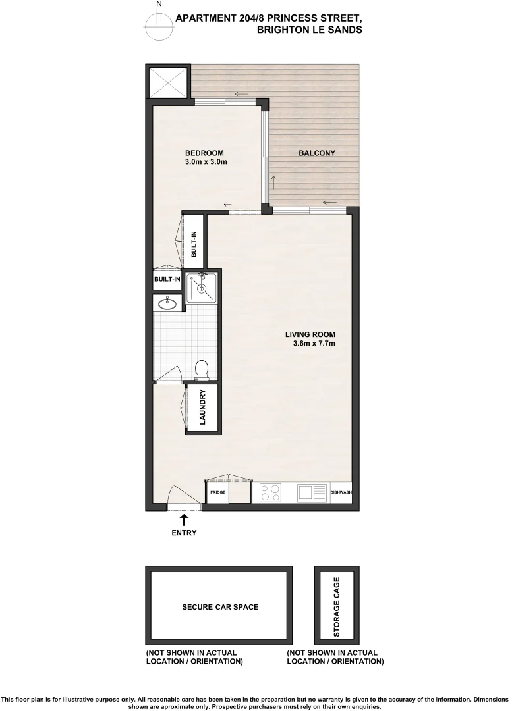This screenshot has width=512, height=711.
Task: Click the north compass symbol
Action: coord(158,26)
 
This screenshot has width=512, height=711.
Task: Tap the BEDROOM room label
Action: coord(204,153)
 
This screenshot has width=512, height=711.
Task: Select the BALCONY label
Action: coord(317,153)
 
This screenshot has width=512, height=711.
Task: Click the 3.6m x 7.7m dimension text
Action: coord(314,343)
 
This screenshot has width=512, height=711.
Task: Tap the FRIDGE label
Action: coord(217,492)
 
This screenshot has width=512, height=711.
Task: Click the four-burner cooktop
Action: coord(270,492)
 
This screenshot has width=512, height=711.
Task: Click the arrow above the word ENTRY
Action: coord(183,520)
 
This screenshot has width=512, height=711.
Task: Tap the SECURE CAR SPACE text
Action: coord(220,607)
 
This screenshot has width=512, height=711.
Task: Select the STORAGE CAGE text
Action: coord(337,607)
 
